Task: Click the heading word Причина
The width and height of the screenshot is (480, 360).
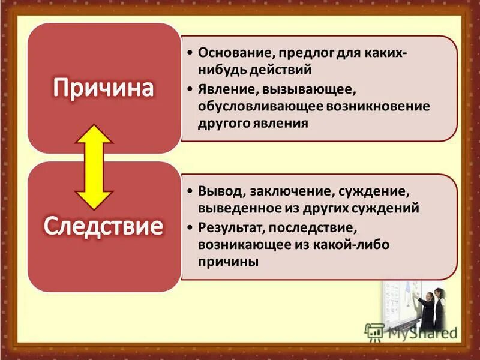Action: (103, 88)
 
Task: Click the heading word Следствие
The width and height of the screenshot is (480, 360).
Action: (103, 226)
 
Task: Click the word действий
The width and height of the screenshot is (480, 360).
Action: (282, 70)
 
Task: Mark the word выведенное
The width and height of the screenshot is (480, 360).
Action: (234, 209)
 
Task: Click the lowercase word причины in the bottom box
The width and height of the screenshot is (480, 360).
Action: (228, 262)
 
